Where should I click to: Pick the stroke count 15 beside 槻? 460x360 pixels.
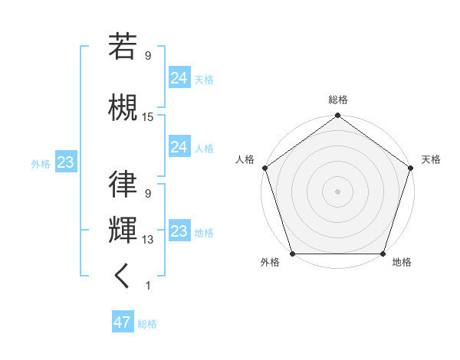coord(148,117)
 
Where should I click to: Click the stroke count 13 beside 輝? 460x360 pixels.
coord(148,240)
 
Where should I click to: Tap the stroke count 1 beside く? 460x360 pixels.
coord(148,286)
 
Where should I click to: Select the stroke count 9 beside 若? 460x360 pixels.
coord(148,56)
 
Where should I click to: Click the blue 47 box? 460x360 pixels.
coord(123,322)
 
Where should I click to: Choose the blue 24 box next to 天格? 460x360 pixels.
coord(179,77)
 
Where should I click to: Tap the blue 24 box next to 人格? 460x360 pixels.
coord(179,147)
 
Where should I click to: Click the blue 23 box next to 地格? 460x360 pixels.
coord(179,231)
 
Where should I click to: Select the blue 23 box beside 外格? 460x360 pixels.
coord(65,162)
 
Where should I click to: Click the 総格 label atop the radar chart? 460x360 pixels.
coord(337,100)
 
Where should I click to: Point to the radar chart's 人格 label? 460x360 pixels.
coord(245,159)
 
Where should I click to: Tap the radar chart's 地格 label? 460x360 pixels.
coord(402,263)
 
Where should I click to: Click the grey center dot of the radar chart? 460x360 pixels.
coord(337,191)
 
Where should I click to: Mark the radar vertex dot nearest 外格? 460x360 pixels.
coord(291,254)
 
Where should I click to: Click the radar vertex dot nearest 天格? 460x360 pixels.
coord(411,167)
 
